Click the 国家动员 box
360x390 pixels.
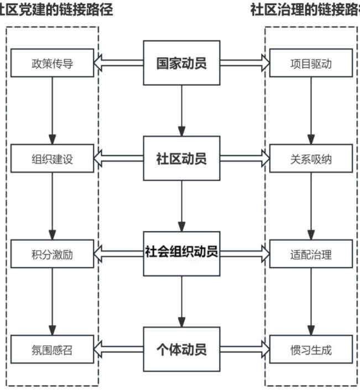pos(181,63)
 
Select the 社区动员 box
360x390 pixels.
pos(181,159)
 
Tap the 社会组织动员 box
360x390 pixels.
pos(181,254)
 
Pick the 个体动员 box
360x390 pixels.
pos(181,349)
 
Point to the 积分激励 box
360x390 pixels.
pos(53,254)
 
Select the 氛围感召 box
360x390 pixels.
pos(53,350)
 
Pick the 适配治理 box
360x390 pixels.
pos(311,254)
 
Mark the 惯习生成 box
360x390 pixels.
pos(311,350)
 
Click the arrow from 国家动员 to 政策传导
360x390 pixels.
pos(118,64)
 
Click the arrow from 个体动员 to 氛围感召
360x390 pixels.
pos(118,350)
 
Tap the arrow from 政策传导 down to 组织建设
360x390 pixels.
pos(53,111)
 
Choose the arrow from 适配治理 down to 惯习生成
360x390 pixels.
pos(311,301)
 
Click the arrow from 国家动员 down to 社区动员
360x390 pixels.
pos(181,111)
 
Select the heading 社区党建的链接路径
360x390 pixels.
pos(55,11)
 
